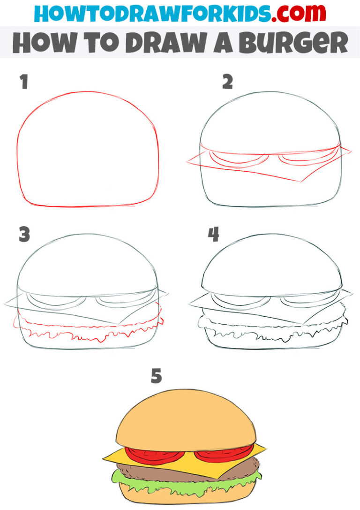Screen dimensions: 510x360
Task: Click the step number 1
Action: click(23, 82)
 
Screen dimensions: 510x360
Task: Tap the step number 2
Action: click(228, 82)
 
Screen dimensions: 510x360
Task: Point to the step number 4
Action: click(214, 235)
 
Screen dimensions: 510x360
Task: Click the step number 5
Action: click(156, 376)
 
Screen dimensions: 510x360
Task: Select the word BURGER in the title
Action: click(295, 43)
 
